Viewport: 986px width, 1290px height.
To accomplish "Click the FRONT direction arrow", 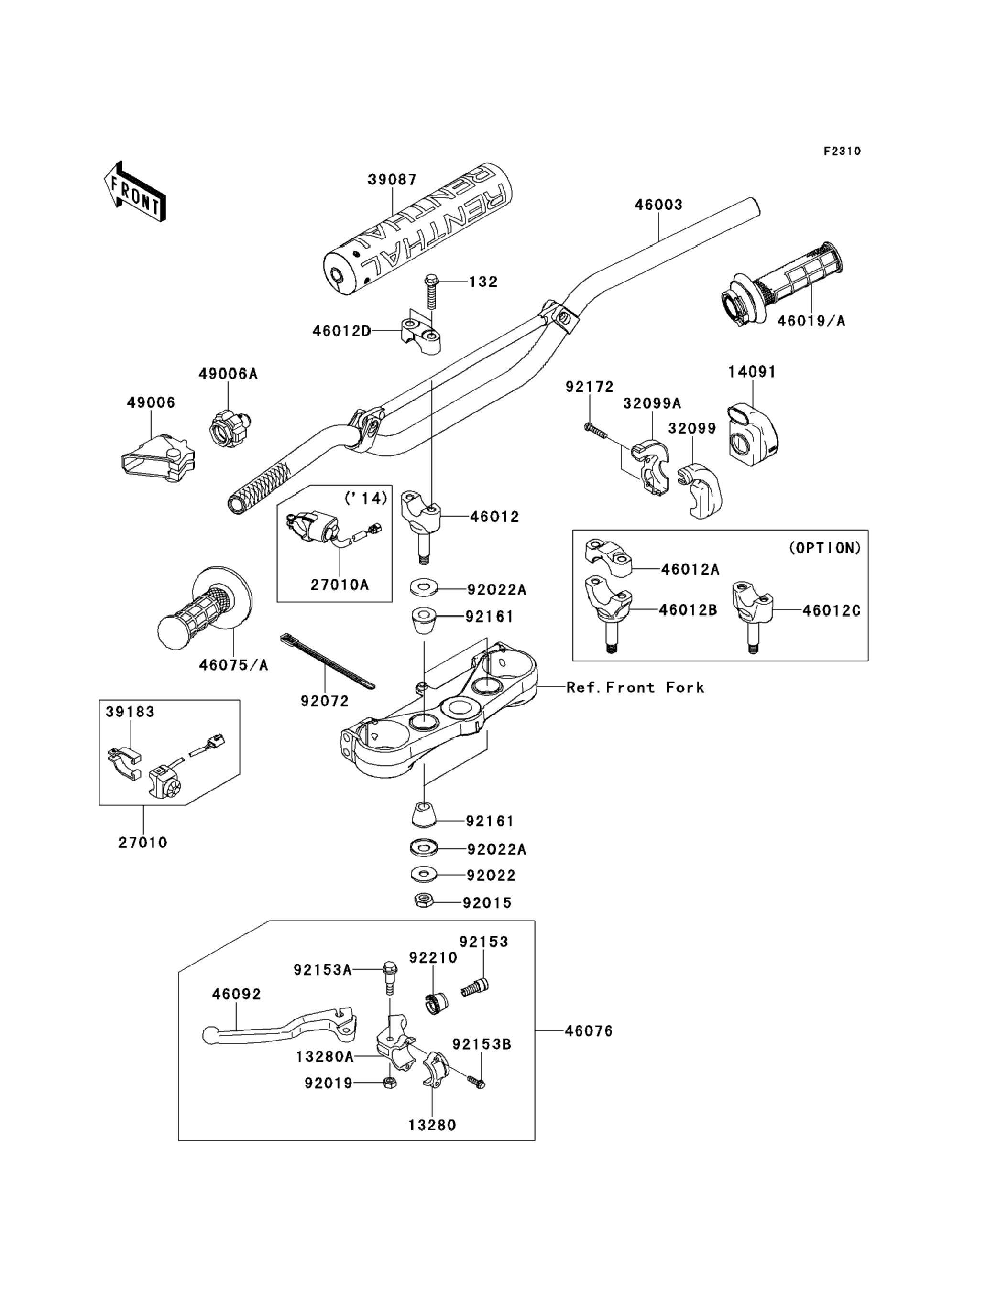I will pos(134,192).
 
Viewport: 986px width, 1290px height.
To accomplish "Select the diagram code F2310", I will pos(842,152).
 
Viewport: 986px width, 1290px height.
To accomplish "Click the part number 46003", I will pos(658,205).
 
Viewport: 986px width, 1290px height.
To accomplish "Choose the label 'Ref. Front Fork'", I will pos(635,687).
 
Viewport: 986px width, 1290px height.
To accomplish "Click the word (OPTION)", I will pos(824,548).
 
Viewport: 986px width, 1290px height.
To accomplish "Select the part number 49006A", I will pos(228,374).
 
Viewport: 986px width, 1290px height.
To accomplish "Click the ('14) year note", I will pos(366,498).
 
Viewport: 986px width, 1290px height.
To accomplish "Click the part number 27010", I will pos(142,843).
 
